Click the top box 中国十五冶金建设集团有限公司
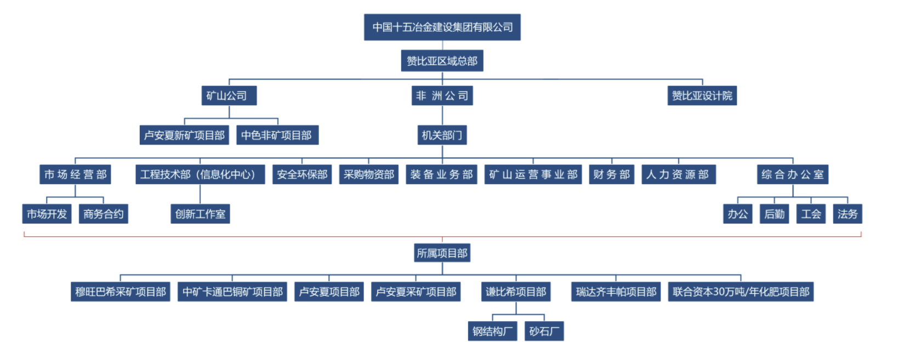(x=442, y=27)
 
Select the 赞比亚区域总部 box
(x=442, y=61)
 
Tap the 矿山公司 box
(x=229, y=96)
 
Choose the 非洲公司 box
(x=442, y=96)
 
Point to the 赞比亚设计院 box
(x=702, y=96)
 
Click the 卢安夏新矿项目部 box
(x=184, y=135)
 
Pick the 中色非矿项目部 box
(x=277, y=135)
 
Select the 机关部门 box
(x=442, y=135)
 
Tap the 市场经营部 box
(x=75, y=175)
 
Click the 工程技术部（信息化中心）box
(x=200, y=175)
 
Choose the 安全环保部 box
(x=302, y=175)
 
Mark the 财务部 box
(x=611, y=175)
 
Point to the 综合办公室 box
(x=792, y=175)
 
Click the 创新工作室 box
(x=200, y=214)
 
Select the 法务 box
(x=847, y=214)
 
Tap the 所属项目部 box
(x=442, y=253)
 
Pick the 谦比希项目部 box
(x=516, y=292)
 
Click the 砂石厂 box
(x=544, y=332)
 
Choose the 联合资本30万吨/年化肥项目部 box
(x=741, y=292)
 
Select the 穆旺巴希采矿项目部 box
(x=121, y=292)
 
